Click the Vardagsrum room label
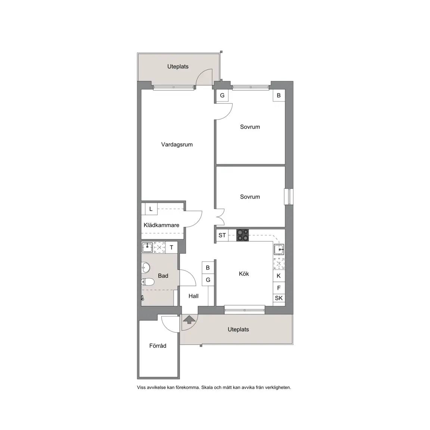click(177, 144)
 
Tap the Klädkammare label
click(161, 225)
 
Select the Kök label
click(244, 274)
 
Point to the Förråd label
click(158, 346)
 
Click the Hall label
click(193, 296)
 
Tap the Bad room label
click(163, 276)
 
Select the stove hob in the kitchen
click(243, 235)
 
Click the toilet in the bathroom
click(147, 282)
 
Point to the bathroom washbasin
click(146, 267)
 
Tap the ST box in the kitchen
click(222, 235)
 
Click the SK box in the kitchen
click(279, 298)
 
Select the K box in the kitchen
click(279, 276)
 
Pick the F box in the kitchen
click(279, 288)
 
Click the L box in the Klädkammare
click(151, 209)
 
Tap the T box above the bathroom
click(171, 247)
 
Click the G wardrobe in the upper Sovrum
click(222, 96)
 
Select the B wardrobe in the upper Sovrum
click(279, 96)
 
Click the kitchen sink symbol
click(279, 250)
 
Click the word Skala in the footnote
click(207, 387)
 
